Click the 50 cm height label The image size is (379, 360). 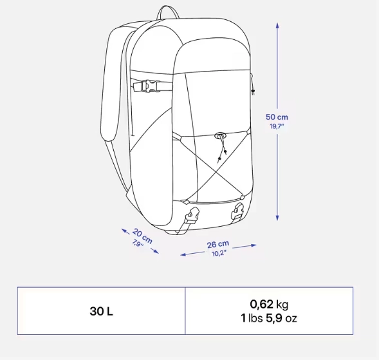(x=277, y=117)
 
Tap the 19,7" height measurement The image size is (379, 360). (x=277, y=126)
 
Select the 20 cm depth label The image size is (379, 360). (x=142, y=236)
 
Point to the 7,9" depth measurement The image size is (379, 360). (x=138, y=243)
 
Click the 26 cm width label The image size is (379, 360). (x=217, y=244)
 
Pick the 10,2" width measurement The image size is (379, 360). (x=219, y=254)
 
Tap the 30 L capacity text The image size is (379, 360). (x=101, y=311)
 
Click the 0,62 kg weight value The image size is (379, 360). (x=269, y=305)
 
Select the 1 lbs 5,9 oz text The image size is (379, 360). (x=269, y=318)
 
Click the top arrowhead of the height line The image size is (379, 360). (x=277, y=25)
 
